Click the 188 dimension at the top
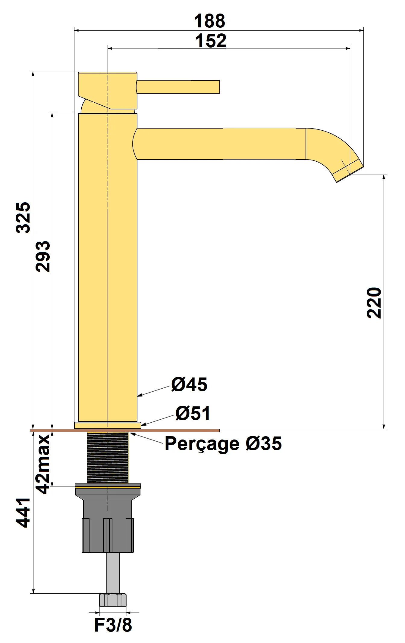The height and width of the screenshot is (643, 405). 209,21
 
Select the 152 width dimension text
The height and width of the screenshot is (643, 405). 211,41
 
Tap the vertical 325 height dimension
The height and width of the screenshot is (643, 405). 23,217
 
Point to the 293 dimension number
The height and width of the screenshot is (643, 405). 43,256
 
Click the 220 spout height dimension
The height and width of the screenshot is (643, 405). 374,303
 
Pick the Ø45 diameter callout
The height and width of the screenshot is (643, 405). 189,384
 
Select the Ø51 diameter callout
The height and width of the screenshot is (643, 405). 193,413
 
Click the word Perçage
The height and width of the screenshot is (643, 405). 202,444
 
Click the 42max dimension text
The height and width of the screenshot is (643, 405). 43,464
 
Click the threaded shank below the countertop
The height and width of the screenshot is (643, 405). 108,458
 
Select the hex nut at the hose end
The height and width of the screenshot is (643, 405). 112,600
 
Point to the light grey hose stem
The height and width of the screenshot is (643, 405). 112,572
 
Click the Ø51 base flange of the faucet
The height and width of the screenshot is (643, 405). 108,425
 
